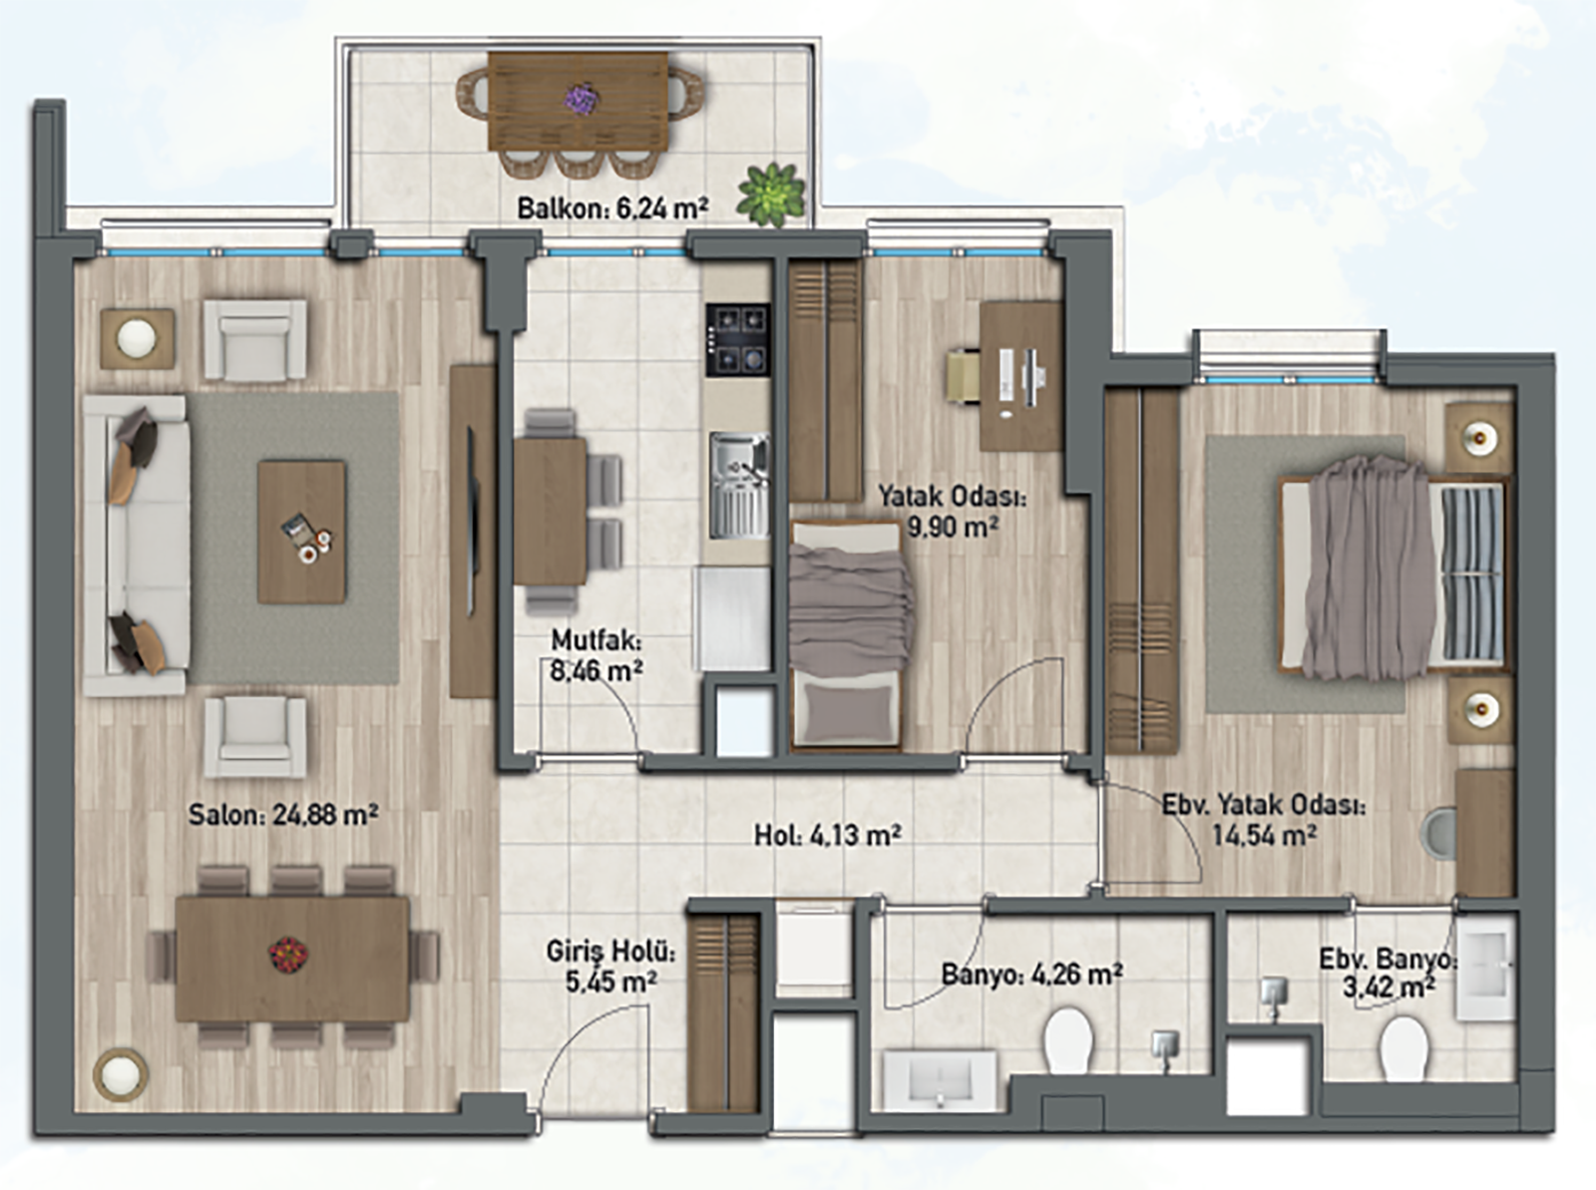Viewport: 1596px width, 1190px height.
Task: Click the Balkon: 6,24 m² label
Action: point(612,209)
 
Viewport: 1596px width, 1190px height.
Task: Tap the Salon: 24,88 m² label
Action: point(283,814)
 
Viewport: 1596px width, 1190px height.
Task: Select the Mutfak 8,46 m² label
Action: point(597,656)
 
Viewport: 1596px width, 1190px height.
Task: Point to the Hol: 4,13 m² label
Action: point(828,835)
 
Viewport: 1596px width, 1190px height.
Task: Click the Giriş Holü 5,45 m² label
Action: point(610,967)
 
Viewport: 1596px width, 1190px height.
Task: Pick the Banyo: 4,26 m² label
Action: point(1032,973)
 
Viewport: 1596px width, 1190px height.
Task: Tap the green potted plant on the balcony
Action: point(771,195)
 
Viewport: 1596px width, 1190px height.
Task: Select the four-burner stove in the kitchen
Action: point(737,339)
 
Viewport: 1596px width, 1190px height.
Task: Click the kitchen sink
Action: point(739,486)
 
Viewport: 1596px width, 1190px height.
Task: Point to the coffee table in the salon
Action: point(301,532)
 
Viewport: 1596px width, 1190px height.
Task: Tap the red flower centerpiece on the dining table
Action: point(288,955)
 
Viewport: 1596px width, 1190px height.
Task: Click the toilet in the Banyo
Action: point(1068,1038)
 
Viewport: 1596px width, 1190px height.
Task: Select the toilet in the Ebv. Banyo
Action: point(1404,1047)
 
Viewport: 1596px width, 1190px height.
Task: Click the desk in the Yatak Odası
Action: point(1020,376)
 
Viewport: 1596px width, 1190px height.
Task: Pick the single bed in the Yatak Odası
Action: point(847,635)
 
